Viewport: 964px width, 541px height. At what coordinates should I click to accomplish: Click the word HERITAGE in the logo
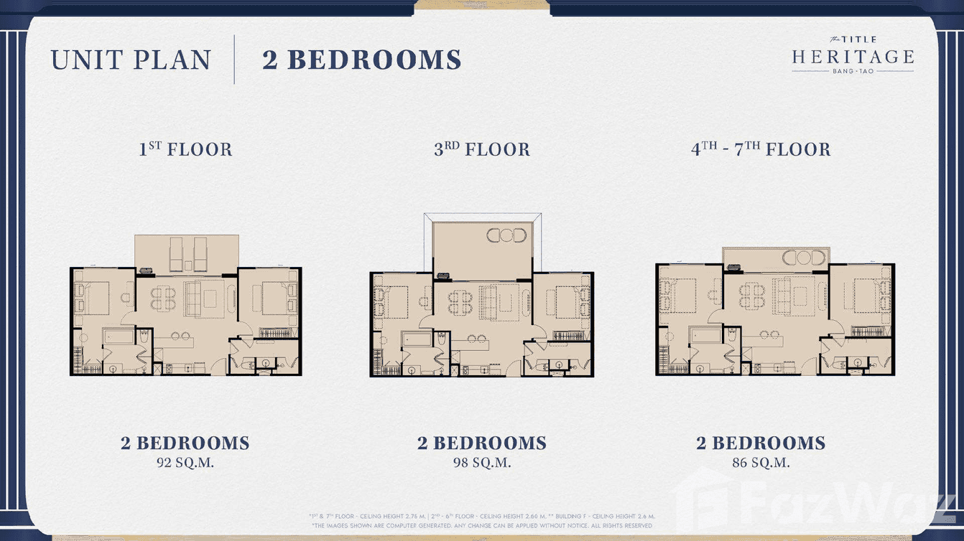(x=853, y=57)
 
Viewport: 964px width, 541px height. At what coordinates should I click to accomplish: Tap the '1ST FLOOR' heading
(x=185, y=149)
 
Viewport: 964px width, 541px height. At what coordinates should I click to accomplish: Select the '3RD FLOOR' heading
(x=482, y=149)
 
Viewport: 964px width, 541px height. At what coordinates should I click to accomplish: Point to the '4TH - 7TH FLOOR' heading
(x=761, y=149)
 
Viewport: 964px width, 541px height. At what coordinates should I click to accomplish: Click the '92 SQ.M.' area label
(x=185, y=463)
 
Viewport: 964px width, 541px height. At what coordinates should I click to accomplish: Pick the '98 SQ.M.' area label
(x=482, y=463)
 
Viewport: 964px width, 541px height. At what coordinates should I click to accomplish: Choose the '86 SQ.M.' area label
(x=761, y=463)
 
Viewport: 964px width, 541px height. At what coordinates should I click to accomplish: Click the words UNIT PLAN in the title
(x=131, y=60)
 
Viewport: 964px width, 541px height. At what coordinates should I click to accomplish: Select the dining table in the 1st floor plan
(x=163, y=298)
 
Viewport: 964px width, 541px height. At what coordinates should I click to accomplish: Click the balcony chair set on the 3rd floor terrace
(x=508, y=235)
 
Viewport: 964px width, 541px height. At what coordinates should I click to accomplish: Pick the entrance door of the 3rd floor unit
(x=515, y=369)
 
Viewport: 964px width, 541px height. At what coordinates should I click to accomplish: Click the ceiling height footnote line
(x=482, y=517)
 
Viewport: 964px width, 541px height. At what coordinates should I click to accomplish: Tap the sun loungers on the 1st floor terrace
(x=187, y=254)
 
